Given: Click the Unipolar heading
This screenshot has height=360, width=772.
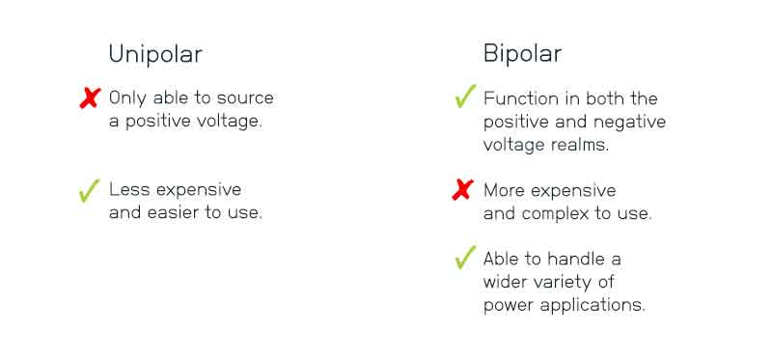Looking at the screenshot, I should coord(155,55).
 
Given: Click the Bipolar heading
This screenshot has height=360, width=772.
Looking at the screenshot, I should coord(522,55).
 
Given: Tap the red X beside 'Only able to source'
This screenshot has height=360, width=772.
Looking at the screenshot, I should coord(90,97).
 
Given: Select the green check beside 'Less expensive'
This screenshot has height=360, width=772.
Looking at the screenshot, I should coord(90,191).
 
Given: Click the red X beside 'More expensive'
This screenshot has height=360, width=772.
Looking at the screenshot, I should coord(463,190).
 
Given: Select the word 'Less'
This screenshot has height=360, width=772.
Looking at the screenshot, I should coord(128,190).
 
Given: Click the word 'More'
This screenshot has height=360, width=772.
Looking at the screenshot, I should coord(505,190).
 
